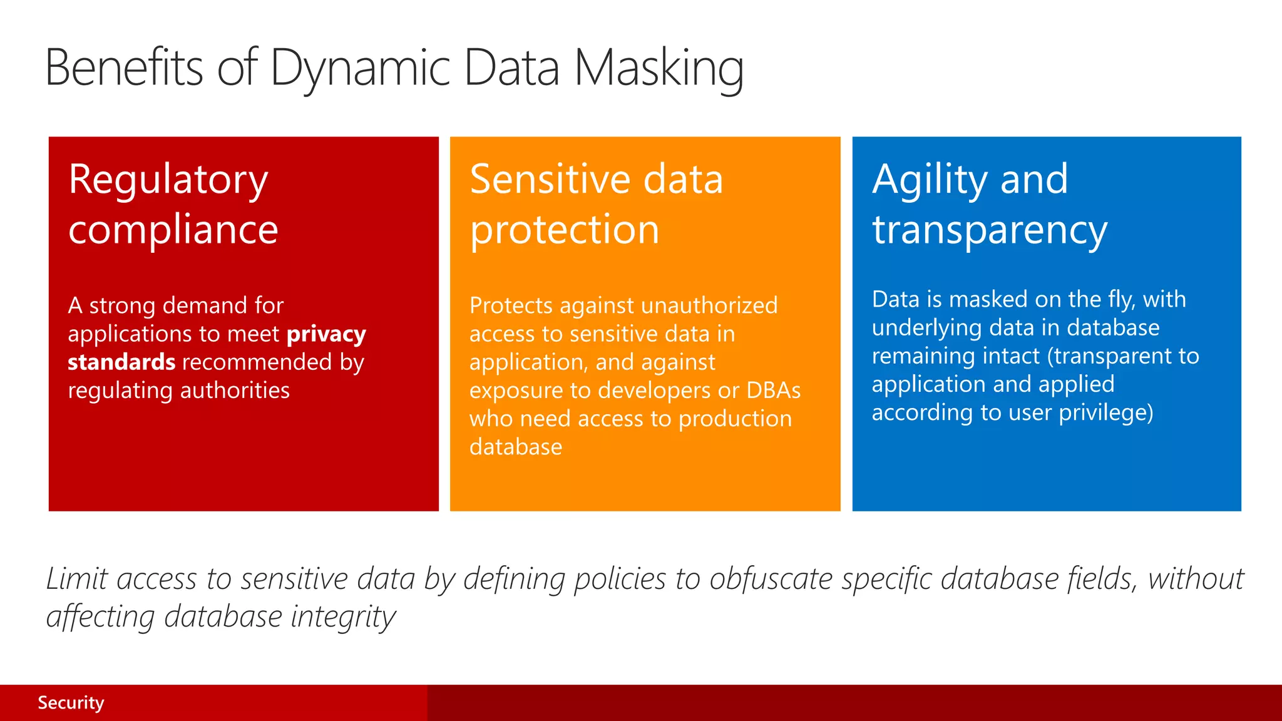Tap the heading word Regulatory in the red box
(168, 180)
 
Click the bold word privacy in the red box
(326, 334)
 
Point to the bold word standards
(121, 362)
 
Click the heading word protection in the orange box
(564, 230)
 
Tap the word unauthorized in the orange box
(709, 305)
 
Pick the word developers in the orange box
(655, 391)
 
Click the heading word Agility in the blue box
(930, 180)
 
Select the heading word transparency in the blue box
(990, 230)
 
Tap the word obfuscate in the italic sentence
(771, 579)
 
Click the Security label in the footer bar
(71, 703)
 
